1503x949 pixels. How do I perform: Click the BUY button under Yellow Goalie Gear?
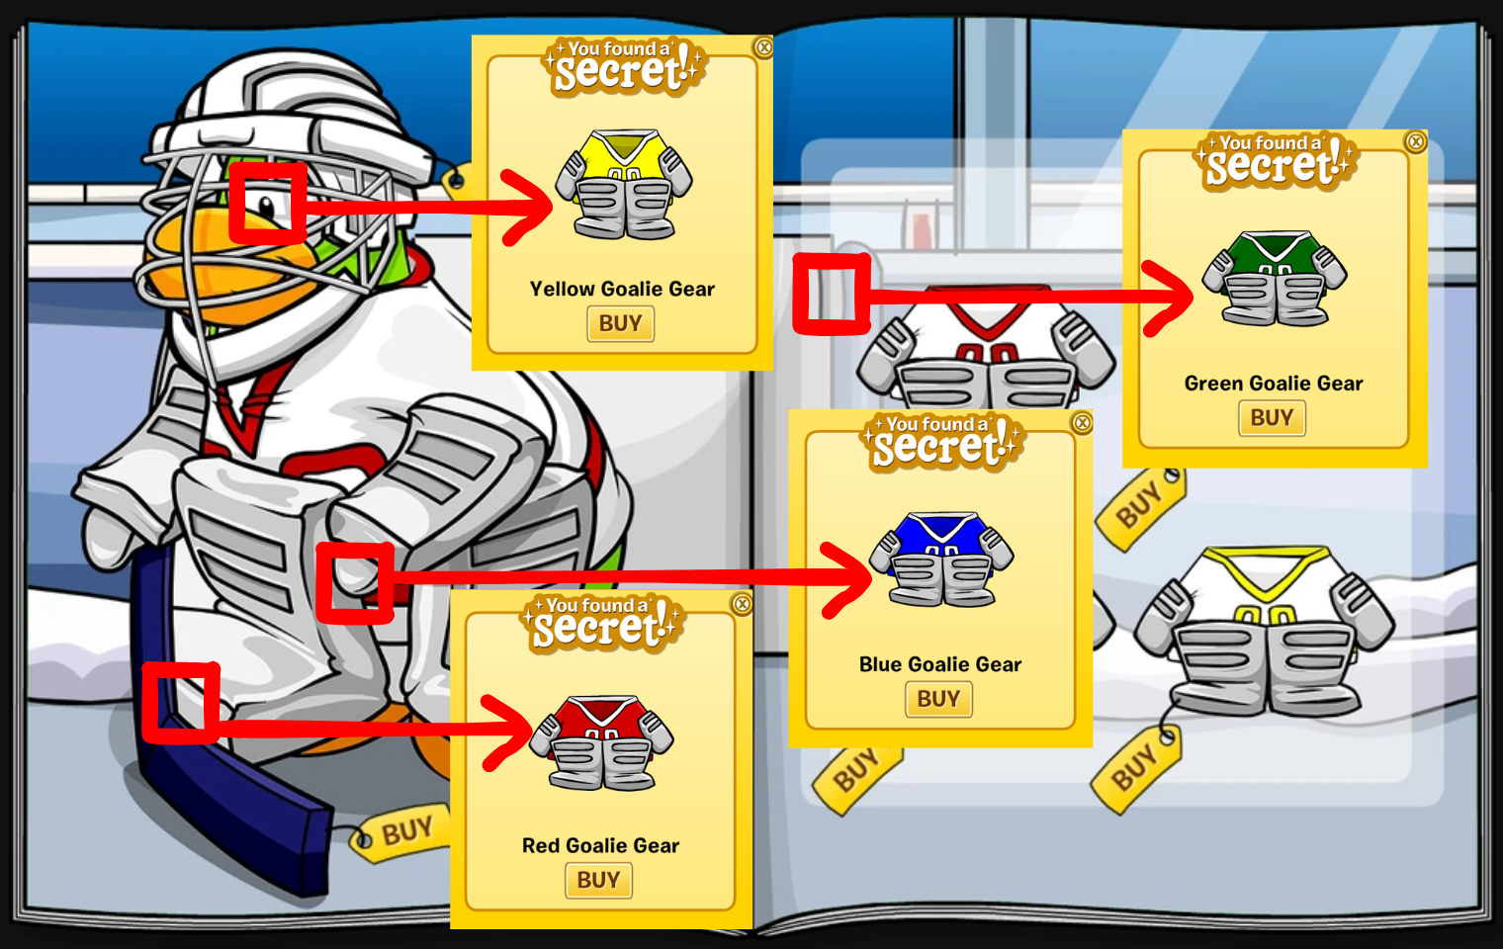click(x=620, y=323)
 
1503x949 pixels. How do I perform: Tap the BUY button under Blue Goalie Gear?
click(x=938, y=699)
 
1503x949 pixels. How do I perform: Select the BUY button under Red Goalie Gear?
click(x=598, y=880)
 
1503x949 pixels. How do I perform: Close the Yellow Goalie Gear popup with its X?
click(x=763, y=46)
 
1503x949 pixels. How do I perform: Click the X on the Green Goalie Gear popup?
click(x=1416, y=141)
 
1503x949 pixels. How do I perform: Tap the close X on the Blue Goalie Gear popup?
click(x=1083, y=423)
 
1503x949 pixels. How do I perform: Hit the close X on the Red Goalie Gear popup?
click(x=742, y=604)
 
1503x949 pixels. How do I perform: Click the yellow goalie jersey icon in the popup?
click(x=624, y=185)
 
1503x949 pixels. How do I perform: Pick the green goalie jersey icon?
click(x=1274, y=278)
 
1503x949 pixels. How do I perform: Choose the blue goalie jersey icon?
click(x=941, y=559)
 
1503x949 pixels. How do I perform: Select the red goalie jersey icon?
click(x=601, y=741)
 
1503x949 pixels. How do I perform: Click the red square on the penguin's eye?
click(x=268, y=203)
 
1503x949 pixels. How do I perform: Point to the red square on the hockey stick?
click(x=181, y=703)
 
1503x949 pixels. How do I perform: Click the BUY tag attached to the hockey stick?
click(x=400, y=832)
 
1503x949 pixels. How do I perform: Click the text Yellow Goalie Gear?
click(x=622, y=289)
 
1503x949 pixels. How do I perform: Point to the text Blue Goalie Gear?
click(x=940, y=664)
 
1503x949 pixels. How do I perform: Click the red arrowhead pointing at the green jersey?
click(x=1172, y=297)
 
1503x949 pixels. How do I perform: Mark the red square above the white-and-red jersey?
click(x=832, y=294)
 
